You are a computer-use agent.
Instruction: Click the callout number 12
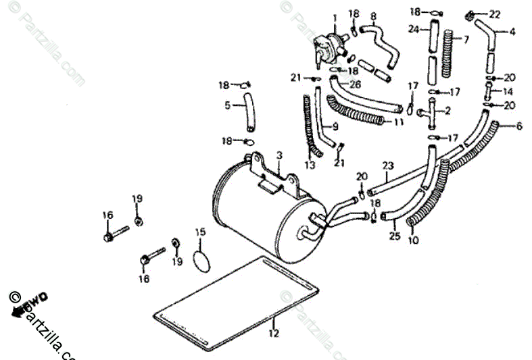pos(273,333)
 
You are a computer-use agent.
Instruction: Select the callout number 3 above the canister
pos(278,156)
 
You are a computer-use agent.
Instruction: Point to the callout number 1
pos(334,18)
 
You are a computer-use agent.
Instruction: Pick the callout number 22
pos(513,14)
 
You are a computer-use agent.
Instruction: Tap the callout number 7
pos(465,39)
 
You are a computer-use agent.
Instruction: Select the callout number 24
pos(414,29)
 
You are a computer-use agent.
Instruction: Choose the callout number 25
pos(395,236)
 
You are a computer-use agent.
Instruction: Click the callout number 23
pos(387,165)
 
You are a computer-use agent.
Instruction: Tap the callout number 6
pos(519,126)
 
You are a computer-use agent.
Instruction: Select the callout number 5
pos(228,105)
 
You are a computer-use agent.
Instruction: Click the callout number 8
pos(373,15)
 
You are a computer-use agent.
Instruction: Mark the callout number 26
pos(356,84)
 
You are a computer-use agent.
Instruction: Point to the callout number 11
pos(399,122)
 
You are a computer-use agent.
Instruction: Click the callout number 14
pos(508,91)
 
